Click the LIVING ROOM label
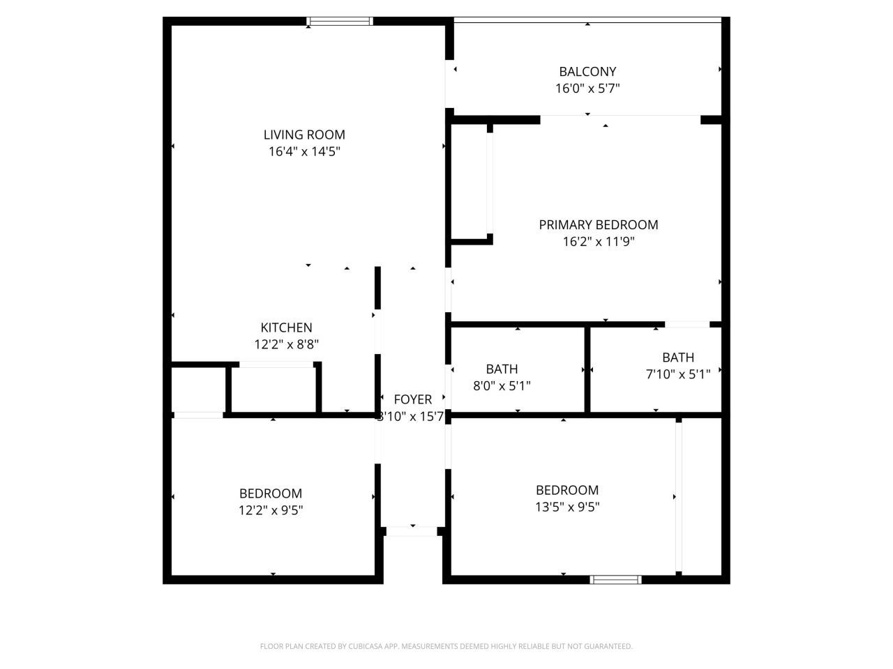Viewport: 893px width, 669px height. point(304,134)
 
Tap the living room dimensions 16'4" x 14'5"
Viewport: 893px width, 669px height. point(304,151)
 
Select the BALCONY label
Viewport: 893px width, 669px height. point(587,71)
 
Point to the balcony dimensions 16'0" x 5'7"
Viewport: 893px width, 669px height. point(587,89)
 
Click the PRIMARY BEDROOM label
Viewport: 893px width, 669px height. point(599,224)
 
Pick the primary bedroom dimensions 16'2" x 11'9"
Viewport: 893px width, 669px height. point(599,242)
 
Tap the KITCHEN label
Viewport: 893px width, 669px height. point(286,328)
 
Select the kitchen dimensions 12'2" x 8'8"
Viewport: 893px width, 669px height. point(286,344)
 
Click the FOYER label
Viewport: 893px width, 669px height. point(413,399)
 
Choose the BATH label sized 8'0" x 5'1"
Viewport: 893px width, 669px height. point(502,369)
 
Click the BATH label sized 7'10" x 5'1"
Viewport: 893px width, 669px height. point(678,357)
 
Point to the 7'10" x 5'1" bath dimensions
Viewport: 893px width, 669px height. point(678,374)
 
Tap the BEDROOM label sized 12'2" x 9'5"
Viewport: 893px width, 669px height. point(271,493)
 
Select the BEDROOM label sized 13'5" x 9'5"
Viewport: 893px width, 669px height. point(567,490)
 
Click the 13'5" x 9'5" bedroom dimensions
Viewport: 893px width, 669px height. point(567,507)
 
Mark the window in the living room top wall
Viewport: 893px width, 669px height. point(340,22)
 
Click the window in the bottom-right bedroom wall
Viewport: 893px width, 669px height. point(615,579)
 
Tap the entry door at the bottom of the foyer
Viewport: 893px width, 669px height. point(412,531)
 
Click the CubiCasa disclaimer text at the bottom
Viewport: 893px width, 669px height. point(446,646)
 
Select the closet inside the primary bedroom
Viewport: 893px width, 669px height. point(471,183)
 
